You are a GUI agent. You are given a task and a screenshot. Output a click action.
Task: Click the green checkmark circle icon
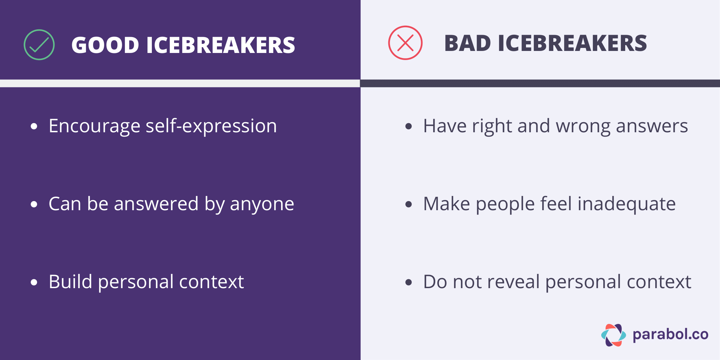click(39, 45)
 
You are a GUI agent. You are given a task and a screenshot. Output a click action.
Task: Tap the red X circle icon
click(405, 43)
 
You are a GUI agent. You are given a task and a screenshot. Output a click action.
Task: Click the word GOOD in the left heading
click(105, 45)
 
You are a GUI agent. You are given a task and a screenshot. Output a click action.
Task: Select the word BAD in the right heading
click(467, 44)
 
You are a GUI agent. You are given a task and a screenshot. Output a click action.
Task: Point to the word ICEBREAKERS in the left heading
click(221, 45)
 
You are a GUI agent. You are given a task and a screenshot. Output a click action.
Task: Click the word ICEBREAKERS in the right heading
click(572, 44)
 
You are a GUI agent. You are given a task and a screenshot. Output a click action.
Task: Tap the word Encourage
click(94, 127)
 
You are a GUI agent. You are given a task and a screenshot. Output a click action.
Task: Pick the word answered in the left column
click(156, 204)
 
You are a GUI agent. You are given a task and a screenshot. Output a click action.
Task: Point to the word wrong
click(583, 126)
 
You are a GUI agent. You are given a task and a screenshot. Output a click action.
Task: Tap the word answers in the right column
click(652, 127)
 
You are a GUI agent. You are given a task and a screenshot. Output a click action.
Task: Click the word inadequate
click(627, 204)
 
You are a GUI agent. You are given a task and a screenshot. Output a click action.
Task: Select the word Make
click(446, 204)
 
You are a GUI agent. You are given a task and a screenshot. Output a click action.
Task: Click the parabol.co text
click(670, 334)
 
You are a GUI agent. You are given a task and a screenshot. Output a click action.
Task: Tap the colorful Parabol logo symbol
click(613, 335)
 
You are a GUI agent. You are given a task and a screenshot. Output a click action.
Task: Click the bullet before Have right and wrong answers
click(409, 127)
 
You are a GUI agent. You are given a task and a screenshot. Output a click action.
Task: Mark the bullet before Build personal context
click(34, 282)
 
